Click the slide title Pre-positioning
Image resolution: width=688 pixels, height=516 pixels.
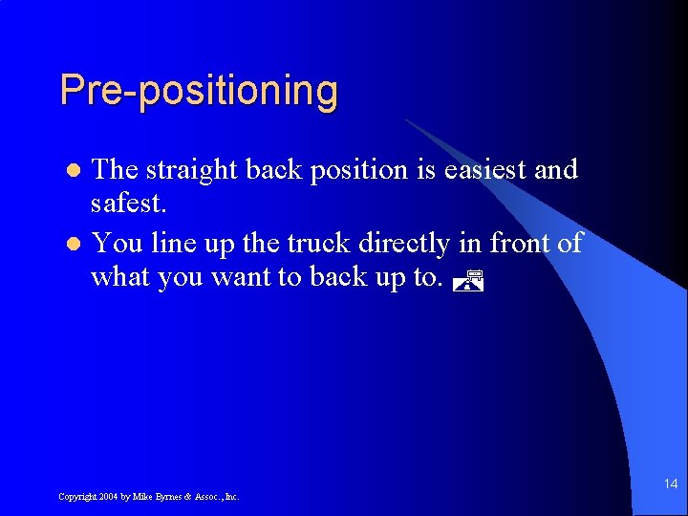click(199, 91)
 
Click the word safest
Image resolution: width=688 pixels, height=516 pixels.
click(124, 204)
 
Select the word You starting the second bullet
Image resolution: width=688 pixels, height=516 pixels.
click(117, 244)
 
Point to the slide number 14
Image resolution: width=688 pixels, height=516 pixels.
click(670, 484)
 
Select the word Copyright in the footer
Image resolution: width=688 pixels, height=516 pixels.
click(75, 497)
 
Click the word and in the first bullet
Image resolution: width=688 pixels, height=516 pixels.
click(556, 170)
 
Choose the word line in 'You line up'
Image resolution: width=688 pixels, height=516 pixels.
click(172, 244)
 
